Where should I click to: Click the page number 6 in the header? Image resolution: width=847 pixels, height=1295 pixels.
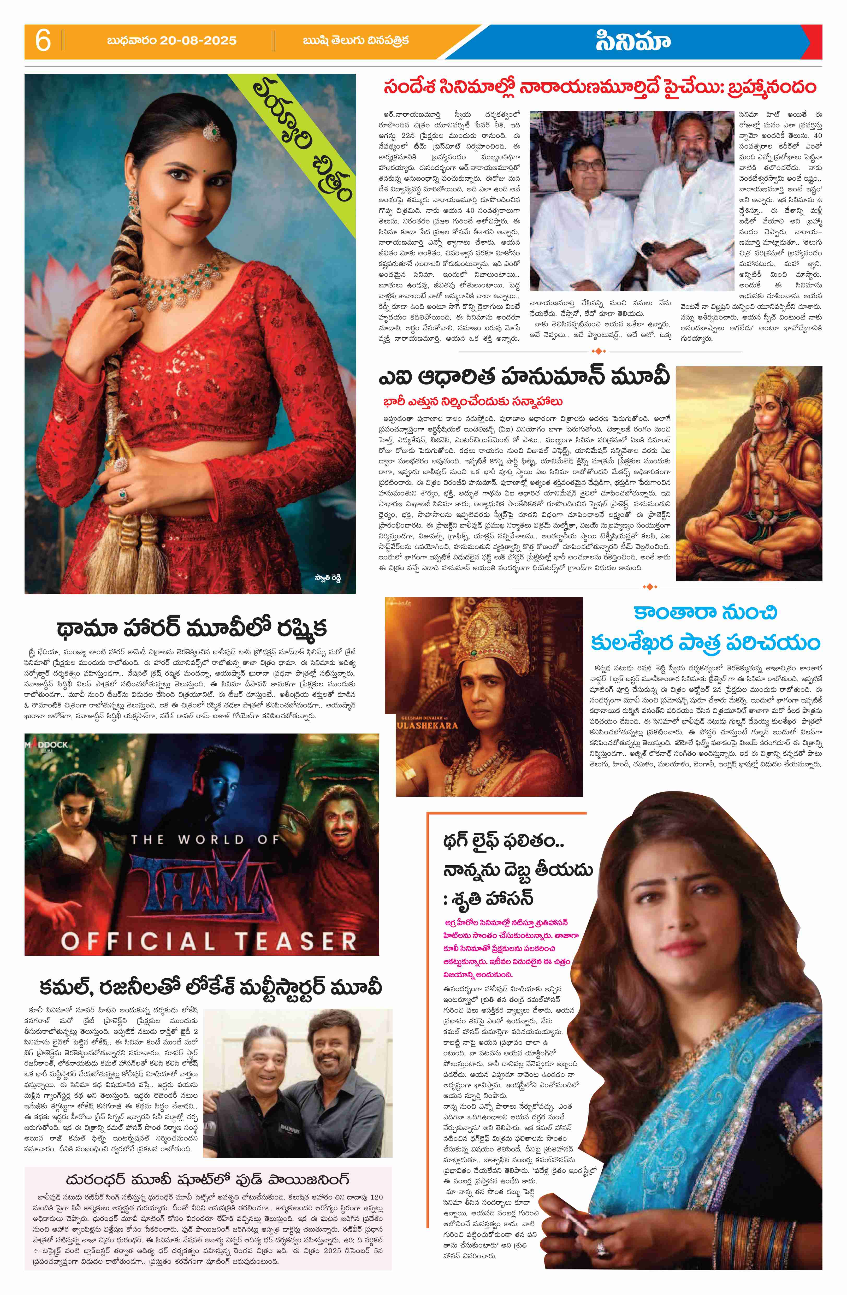click(x=43, y=41)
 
